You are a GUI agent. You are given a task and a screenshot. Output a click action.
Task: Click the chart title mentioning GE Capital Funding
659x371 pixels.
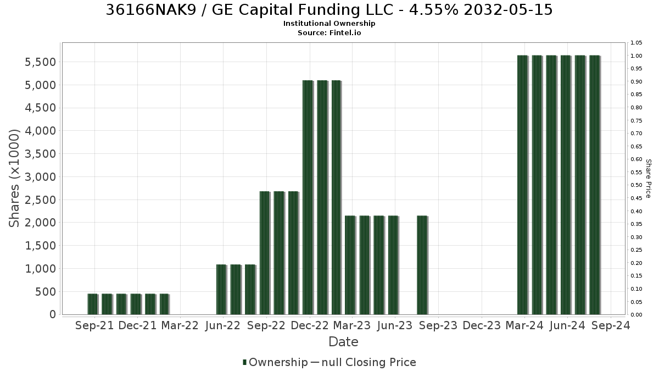[329, 10]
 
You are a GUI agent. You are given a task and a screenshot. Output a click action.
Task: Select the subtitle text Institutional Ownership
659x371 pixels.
[329, 24]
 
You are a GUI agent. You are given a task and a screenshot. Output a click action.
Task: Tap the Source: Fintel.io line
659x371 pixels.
[329, 32]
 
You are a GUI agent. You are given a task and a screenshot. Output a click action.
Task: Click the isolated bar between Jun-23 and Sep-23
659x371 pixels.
[422, 265]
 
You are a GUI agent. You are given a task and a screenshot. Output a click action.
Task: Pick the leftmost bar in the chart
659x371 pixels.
[92, 304]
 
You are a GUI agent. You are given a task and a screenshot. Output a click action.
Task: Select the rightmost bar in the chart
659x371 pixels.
[595, 185]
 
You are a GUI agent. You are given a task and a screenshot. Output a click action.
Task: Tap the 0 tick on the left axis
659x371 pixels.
[53, 314]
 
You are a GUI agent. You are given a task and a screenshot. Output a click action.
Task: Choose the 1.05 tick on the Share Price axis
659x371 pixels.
[636, 43]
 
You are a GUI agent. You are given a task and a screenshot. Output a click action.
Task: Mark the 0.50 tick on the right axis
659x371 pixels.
[636, 185]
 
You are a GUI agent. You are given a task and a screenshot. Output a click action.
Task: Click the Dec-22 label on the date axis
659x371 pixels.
[310, 325]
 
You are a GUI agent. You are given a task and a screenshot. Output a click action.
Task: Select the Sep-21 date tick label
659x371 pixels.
[94, 325]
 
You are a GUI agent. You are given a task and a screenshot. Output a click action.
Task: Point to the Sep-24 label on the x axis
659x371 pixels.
[611, 325]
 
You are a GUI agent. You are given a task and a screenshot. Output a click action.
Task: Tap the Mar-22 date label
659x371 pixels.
[180, 325]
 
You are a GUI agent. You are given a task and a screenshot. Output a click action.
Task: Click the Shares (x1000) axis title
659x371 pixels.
[14, 178]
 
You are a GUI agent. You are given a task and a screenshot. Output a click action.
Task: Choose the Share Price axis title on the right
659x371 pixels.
[648, 179]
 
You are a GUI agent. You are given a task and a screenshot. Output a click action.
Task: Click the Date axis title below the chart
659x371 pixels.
[343, 342]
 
